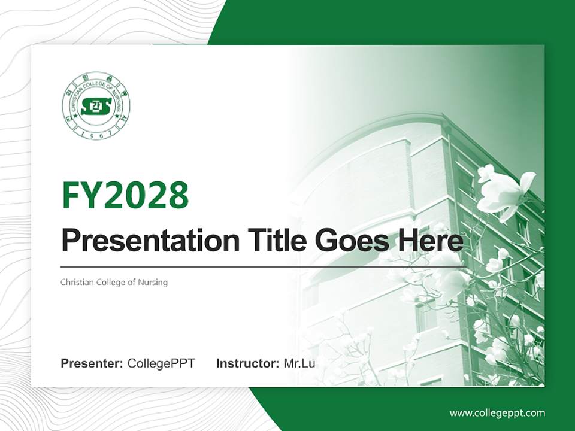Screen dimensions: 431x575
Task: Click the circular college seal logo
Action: (x=96, y=106)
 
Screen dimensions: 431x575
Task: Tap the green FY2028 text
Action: (x=125, y=195)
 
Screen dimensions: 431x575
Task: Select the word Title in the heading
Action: (x=265, y=241)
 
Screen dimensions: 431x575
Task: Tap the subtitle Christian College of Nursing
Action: (x=114, y=282)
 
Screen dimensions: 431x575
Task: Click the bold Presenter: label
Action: (x=92, y=363)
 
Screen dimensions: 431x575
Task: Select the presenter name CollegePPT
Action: (x=161, y=363)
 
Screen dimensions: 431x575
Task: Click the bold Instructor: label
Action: (x=247, y=363)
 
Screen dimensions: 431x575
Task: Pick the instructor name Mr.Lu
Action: (x=299, y=363)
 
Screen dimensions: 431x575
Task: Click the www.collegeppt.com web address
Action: (x=497, y=412)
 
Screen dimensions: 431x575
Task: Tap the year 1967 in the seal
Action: (x=96, y=134)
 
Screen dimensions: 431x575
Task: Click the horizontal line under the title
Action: (x=264, y=266)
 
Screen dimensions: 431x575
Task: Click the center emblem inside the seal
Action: (x=96, y=107)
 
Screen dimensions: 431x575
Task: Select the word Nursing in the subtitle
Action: (x=153, y=282)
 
